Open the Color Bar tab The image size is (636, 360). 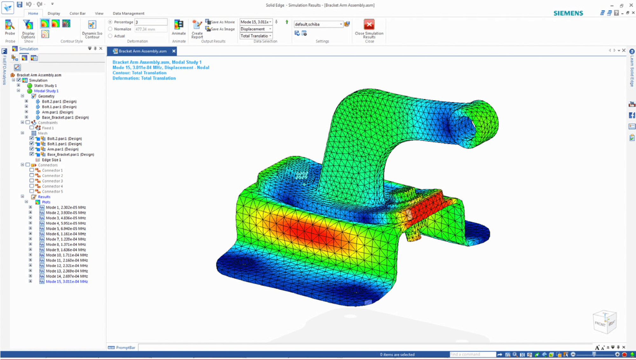click(77, 13)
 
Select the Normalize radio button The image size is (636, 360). click(110, 29)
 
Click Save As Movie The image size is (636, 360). click(220, 22)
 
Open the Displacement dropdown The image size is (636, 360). click(256, 29)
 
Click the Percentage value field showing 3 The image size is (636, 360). click(151, 22)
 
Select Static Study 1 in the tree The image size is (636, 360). click(45, 86)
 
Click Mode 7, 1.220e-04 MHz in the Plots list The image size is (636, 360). click(66, 239)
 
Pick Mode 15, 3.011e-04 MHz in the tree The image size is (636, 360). click(67, 281)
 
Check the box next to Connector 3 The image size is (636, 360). click(32, 181)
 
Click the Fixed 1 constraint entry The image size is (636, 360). click(48, 128)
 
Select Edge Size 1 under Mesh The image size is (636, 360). click(51, 160)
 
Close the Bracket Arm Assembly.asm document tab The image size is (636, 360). click(174, 51)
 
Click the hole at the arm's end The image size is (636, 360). click(465, 126)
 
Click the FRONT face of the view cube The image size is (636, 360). click(600, 324)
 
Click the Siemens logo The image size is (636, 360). click(568, 13)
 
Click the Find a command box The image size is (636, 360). click(472, 354)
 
